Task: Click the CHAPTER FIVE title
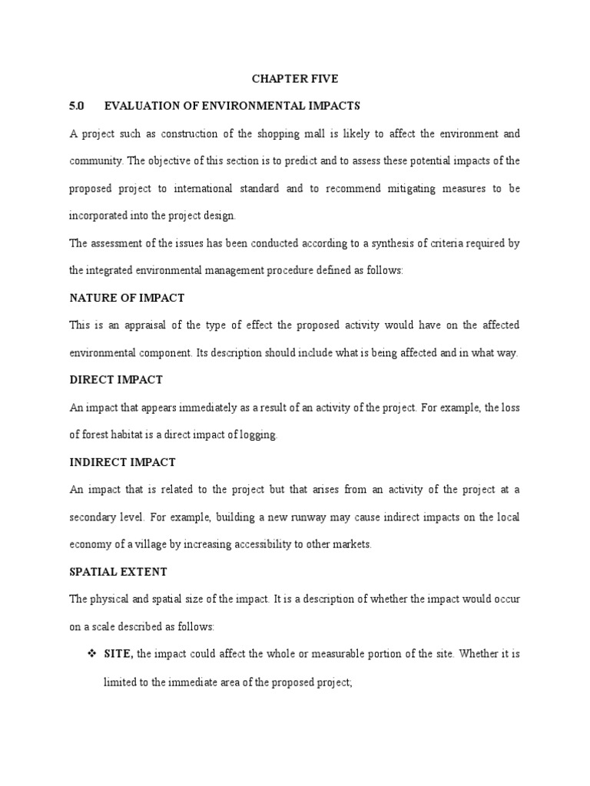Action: coord(295,78)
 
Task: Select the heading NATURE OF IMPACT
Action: coord(127,297)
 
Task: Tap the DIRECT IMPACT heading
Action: coord(116,380)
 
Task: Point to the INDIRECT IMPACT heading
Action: coord(122,462)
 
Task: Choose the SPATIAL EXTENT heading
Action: coord(118,572)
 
